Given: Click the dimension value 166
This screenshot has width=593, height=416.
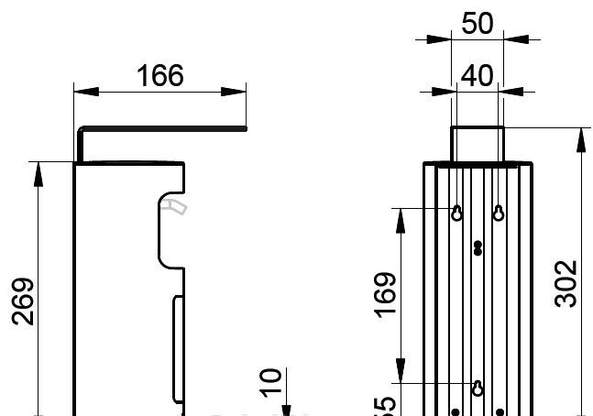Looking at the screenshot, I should click(160, 75).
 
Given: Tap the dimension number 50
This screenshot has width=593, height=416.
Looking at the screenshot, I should click(477, 23).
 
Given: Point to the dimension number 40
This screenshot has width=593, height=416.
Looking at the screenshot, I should click(477, 75).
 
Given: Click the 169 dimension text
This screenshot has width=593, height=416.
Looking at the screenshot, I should click(386, 294).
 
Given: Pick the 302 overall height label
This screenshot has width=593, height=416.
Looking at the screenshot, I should click(567, 283).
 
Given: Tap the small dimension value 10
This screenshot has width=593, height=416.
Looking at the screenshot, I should click(270, 381).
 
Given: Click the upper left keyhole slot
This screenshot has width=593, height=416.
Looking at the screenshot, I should click(456, 213).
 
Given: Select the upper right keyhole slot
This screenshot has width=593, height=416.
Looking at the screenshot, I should click(499, 213).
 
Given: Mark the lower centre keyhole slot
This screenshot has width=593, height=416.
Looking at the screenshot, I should click(478, 388).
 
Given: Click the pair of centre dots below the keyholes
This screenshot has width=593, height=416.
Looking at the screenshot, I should click(478, 247).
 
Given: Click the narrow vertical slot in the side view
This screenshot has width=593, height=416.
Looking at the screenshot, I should click(178, 348).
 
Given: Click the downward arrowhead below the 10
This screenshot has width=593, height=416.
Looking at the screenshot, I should click(286, 409).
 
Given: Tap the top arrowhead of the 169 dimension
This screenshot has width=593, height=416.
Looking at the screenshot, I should click(401, 219).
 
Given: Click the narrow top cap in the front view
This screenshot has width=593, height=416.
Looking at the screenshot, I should click(477, 144).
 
